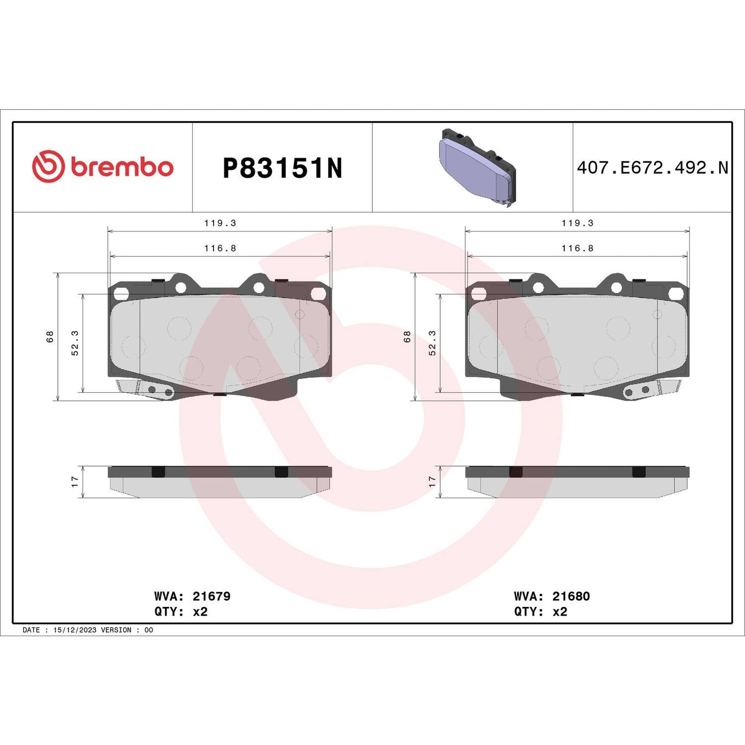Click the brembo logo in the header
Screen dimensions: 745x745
click(103, 167)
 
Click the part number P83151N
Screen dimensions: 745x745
click(282, 168)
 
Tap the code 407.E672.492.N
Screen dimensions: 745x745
click(652, 168)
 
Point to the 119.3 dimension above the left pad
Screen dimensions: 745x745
click(220, 223)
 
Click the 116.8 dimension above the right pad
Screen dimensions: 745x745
click(577, 249)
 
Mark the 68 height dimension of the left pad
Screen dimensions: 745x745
click(50, 337)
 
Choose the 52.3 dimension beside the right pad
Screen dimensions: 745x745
click(432, 343)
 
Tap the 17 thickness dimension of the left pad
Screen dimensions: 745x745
click(75, 482)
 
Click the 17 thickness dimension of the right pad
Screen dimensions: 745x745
click(432, 482)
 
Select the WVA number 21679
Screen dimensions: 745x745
click(211, 597)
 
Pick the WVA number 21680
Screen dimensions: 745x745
click(571, 597)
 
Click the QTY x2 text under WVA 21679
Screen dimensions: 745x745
click(181, 612)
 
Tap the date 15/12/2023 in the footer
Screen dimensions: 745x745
click(75, 630)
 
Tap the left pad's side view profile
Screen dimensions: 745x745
click(220, 482)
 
